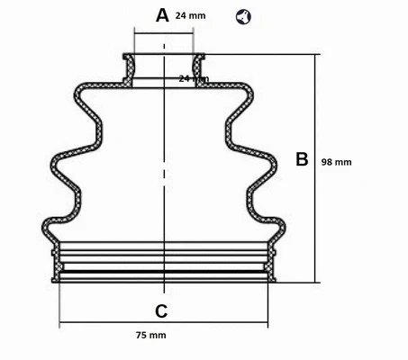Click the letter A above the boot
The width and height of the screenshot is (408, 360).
[162, 15]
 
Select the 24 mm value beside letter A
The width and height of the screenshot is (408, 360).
[190, 15]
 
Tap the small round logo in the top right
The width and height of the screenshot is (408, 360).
[243, 16]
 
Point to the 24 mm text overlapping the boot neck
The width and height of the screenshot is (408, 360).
[193, 79]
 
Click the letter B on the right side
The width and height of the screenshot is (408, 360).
[302, 159]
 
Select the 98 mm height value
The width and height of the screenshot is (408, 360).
[337, 162]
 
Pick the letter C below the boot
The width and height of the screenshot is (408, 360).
[161, 312]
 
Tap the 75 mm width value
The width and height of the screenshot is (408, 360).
[151, 336]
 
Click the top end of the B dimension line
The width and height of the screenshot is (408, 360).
[316, 55]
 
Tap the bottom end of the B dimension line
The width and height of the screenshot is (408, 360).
[316, 282]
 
